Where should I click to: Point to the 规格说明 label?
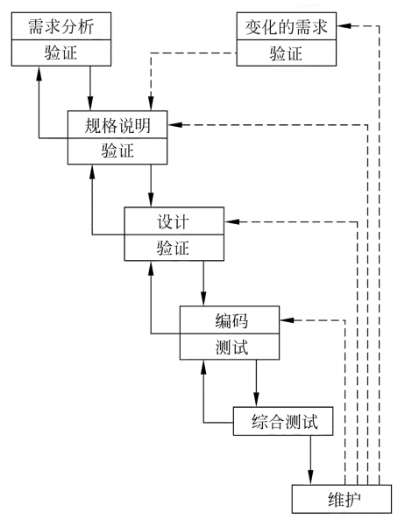click(117, 125)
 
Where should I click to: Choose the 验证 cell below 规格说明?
click(117, 151)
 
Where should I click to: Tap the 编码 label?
click(230, 319)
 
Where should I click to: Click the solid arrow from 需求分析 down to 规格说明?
click(90, 88)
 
